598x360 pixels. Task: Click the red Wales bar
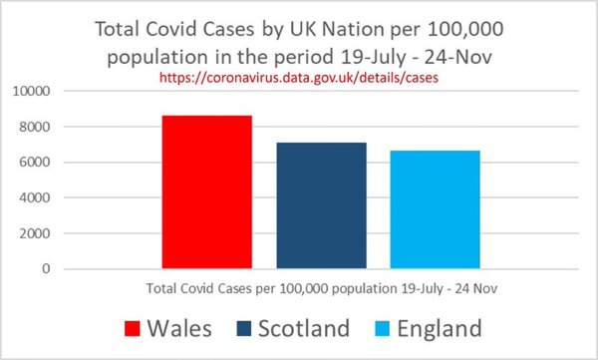[207, 192]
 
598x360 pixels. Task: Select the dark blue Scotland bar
[321, 205]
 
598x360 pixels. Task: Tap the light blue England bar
[435, 209]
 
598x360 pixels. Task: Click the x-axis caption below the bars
[321, 289]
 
